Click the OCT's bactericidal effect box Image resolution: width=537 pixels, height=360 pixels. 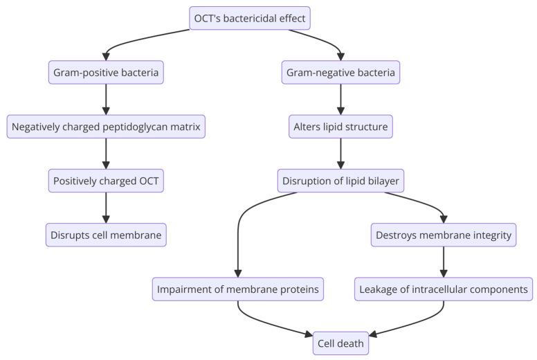250,18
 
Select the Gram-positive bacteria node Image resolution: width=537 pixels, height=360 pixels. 106,72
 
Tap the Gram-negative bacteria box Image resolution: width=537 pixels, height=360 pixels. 340,72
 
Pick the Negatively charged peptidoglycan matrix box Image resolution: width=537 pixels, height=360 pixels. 106,127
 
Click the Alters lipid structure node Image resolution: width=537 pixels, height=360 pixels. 340,127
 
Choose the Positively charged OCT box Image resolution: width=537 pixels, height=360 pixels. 106,181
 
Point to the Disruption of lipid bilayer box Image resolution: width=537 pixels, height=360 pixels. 340,181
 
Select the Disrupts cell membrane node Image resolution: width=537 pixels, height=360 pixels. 106,235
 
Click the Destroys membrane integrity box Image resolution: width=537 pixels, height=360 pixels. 444,235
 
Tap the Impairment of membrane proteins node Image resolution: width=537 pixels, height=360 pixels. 237,289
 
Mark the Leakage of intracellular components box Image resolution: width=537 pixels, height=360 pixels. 444,289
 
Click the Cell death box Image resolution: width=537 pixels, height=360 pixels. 340,343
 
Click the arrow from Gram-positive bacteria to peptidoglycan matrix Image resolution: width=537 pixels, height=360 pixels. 106,99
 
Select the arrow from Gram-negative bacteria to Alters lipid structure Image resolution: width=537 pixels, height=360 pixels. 340,99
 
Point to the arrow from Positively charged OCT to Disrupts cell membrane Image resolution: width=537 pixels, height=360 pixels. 106,208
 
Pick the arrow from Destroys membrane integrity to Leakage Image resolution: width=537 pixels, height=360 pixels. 444,262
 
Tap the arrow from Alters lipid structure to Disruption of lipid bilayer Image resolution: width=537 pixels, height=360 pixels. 340,154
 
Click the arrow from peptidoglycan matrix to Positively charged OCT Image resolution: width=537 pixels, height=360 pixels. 106,154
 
